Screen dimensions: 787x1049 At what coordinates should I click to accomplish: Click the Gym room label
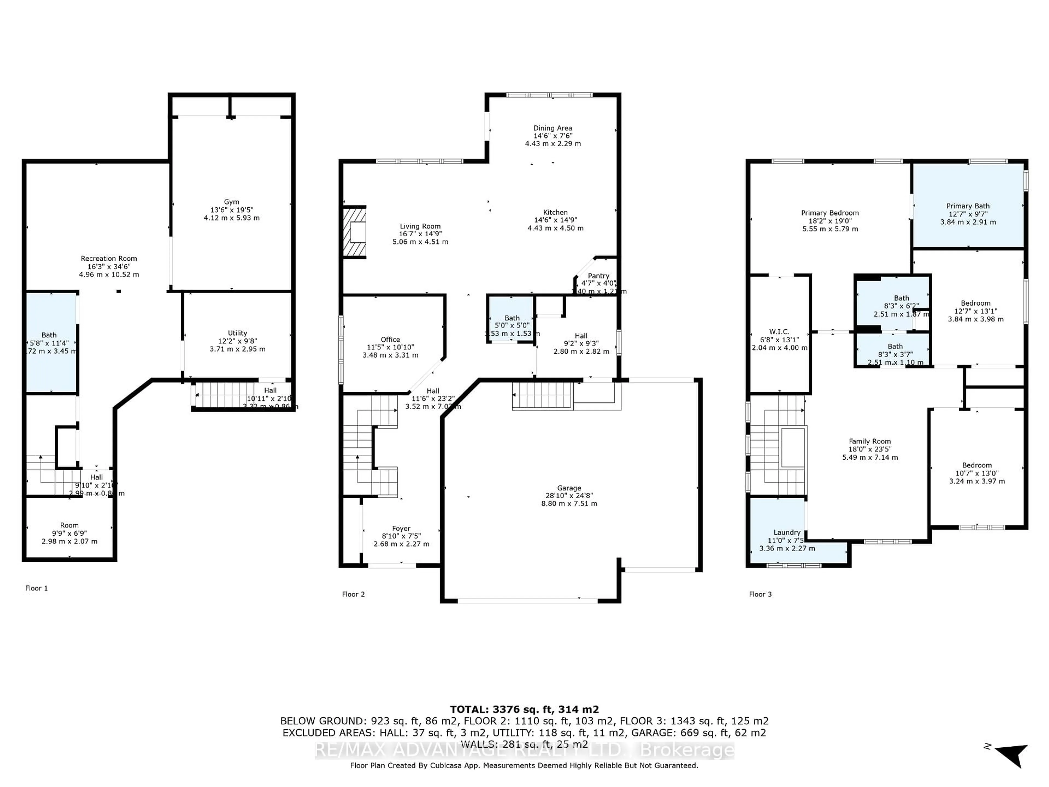pyautogui.click(x=231, y=202)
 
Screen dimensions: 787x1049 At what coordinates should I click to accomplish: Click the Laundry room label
pyautogui.click(x=787, y=532)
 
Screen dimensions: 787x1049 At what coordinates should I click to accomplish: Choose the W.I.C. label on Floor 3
pyautogui.click(x=779, y=331)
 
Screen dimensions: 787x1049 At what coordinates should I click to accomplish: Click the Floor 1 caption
pyautogui.click(x=37, y=588)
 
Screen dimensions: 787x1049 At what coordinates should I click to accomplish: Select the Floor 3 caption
pyautogui.click(x=760, y=594)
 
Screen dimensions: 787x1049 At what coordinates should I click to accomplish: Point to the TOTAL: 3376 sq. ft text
pyautogui.click(x=524, y=709)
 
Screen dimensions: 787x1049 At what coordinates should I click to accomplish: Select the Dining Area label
pyautogui.click(x=552, y=128)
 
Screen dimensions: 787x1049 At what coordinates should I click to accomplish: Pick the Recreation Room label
pyautogui.click(x=109, y=259)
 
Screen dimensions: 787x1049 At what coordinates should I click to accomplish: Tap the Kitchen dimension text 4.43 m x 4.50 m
pyautogui.click(x=555, y=228)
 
